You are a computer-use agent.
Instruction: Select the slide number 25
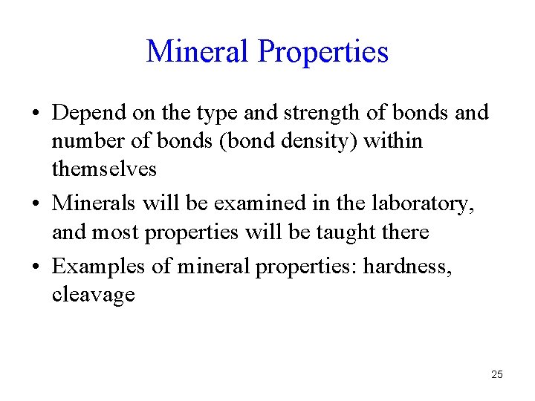pyautogui.click(x=497, y=374)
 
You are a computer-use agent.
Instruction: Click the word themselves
pyautogui.click(x=104, y=169)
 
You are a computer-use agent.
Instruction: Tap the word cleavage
pyautogui.click(x=93, y=296)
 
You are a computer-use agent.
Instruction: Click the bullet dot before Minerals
pyautogui.click(x=36, y=203)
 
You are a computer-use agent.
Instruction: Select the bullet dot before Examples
pyautogui.click(x=36, y=266)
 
